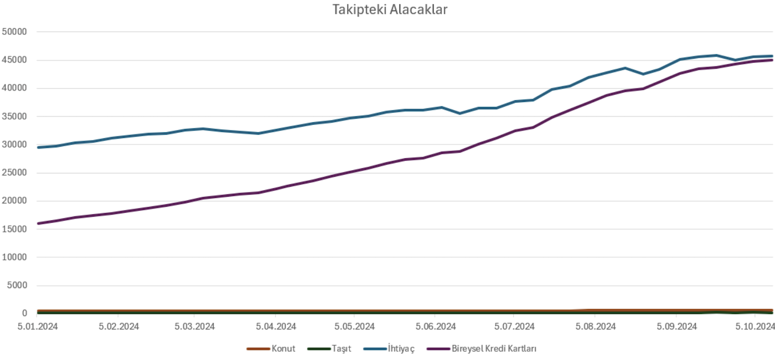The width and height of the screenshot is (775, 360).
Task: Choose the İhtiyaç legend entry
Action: coord(398,349)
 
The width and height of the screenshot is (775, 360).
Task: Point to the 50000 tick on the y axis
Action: coord(15,32)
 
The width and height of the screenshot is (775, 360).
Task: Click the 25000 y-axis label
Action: coord(15,173)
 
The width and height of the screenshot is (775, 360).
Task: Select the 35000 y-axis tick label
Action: coord(15,116)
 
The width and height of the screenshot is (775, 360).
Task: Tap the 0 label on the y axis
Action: coord(24,313)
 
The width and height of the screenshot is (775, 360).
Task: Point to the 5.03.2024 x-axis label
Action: coord(195,327)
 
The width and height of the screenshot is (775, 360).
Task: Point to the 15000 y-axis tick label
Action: coord(15,229)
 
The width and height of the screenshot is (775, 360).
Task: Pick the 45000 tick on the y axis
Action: coord(15,60)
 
